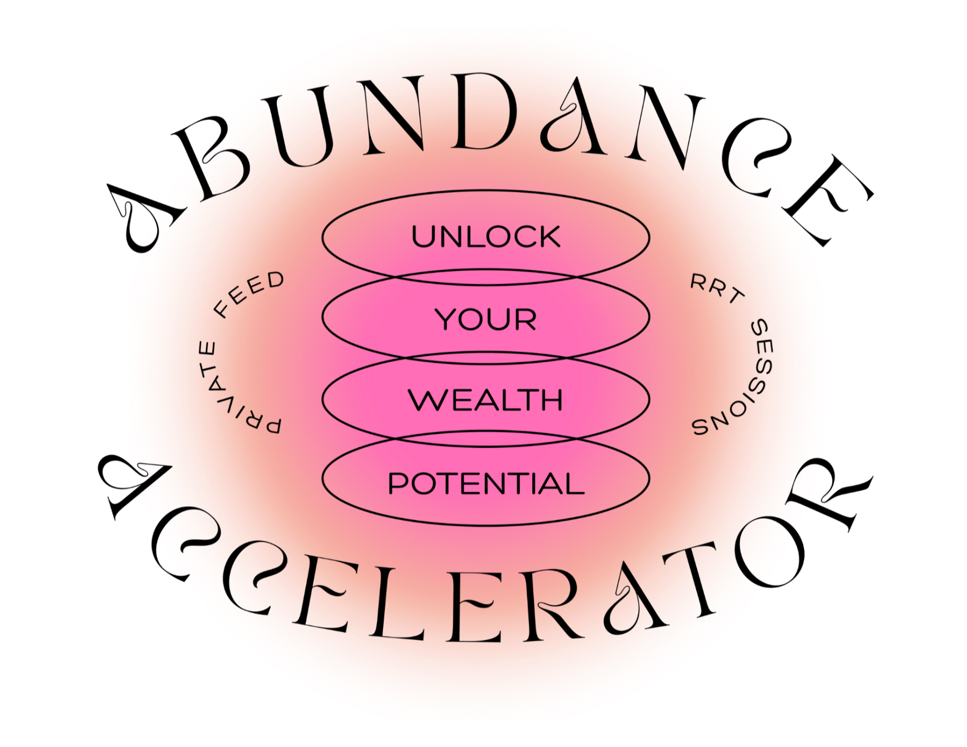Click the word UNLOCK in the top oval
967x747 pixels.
tap(486, 237)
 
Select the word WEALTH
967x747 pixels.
tap(486, 400)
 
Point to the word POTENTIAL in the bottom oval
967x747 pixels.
tap(486, 483)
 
